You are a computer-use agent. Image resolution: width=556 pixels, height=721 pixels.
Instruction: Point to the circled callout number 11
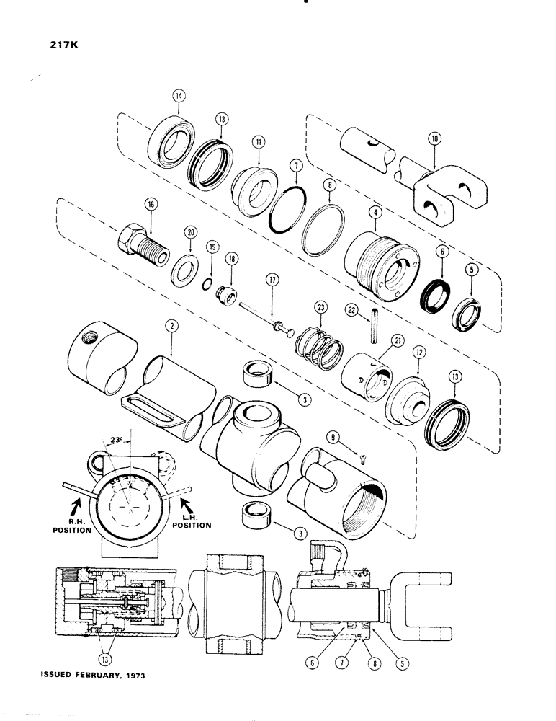click(257, 143)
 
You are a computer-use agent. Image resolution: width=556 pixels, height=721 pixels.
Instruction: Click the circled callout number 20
click(190, 233)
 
